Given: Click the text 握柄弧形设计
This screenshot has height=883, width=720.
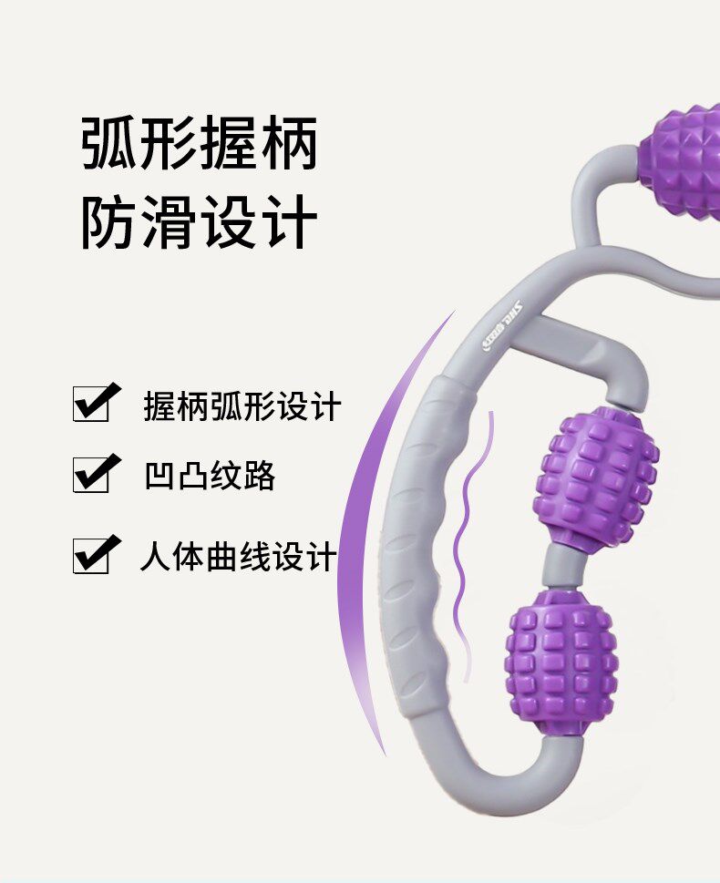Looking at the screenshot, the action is point(242,406).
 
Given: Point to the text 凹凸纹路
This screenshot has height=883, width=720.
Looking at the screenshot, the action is point(209,477).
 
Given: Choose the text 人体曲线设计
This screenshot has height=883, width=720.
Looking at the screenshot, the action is point(238,557).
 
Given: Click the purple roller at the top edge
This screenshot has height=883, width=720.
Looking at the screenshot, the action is point(682,162).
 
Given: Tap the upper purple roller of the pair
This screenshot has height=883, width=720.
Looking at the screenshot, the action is point(598,479).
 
